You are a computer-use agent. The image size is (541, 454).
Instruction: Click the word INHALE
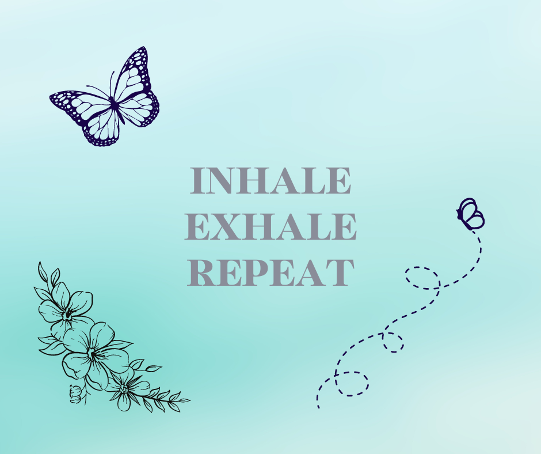(270, 180)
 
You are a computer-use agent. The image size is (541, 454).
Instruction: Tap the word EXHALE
(270, 226)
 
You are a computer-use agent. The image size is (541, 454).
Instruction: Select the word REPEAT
(271, 273)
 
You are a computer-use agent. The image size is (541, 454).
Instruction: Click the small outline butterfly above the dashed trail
(471, 214)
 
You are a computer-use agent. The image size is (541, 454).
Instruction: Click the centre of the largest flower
(92, 353)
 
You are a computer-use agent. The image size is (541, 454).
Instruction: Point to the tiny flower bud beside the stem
(75, 394)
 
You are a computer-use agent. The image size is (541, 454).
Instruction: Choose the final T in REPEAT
(340, 273)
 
